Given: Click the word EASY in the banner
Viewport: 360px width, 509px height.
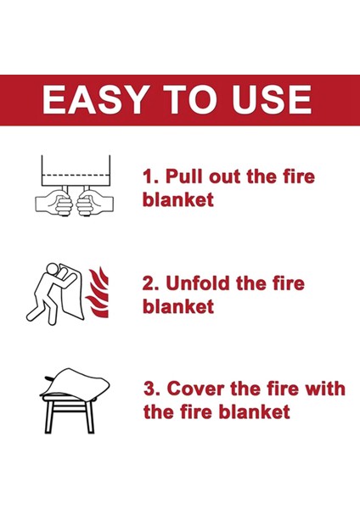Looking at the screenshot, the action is tap(94, 99).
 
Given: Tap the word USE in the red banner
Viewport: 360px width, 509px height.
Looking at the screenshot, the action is tap(272, 99).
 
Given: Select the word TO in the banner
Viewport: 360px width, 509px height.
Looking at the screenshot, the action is tap(189, 99).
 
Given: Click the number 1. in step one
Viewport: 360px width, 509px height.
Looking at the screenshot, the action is tap(151, 177).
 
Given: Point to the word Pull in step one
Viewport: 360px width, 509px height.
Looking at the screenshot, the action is tap(185, 176).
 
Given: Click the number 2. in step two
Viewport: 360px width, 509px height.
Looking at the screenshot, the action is tap(151, 283).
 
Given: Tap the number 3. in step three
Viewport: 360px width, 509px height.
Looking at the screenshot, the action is tap(151, 389).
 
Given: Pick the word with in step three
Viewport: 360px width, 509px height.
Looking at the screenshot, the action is tap(325, 389).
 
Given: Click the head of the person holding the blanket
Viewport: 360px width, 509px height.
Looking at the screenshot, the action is tap(52, 269).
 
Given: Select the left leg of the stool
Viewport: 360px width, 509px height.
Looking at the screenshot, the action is tap(49, 418).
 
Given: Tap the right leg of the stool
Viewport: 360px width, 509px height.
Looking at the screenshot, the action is tap(90, 418).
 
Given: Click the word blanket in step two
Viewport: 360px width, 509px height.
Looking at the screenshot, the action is tap(178, 306).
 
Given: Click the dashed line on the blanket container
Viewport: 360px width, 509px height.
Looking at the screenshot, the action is tap(76, 176).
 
